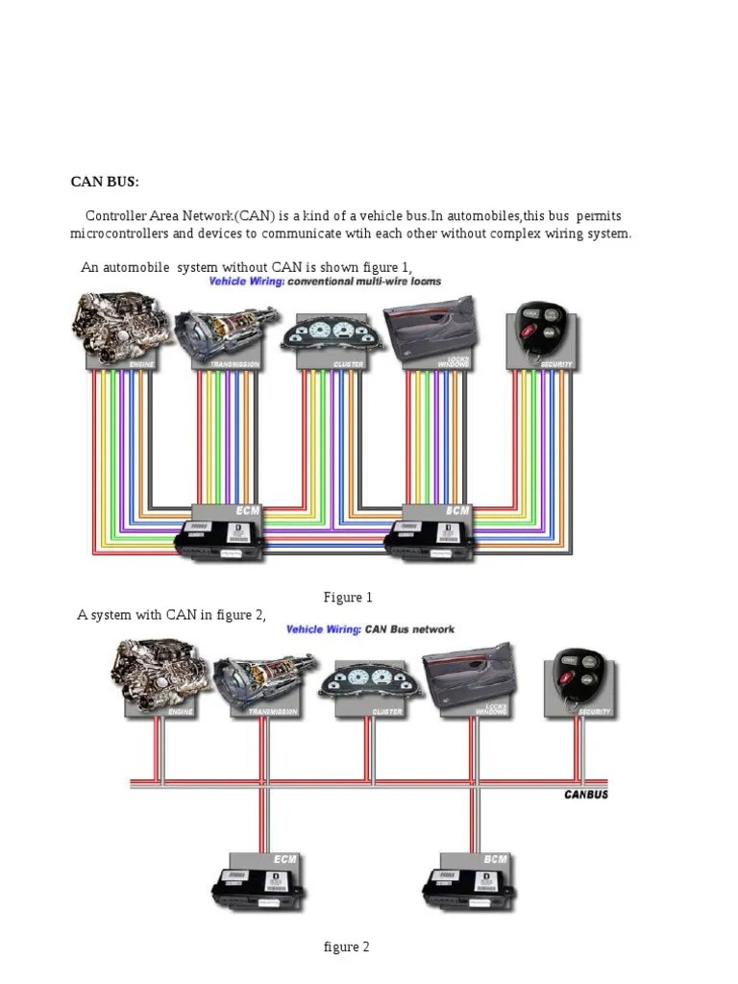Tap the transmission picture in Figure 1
pyautogui.click(x=225, y=331)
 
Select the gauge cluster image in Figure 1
pyautogui.click(x=329, y=335)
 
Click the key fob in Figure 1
pyautogui.click(x=540, y=329)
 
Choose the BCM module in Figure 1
pyautogui.click(x=432, y=533)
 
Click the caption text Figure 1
pyautogui.click(x=348, y=598)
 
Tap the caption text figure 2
pyautogui.click(x=346, y=947)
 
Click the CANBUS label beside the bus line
pyautogui.click(x=585, y=795)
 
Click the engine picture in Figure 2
pyautogui.click(x=159, y=672)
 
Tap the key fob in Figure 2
pyautogui.click(x=577, y=676)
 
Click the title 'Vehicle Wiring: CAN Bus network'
pyautogui.click(x=370, y=629)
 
